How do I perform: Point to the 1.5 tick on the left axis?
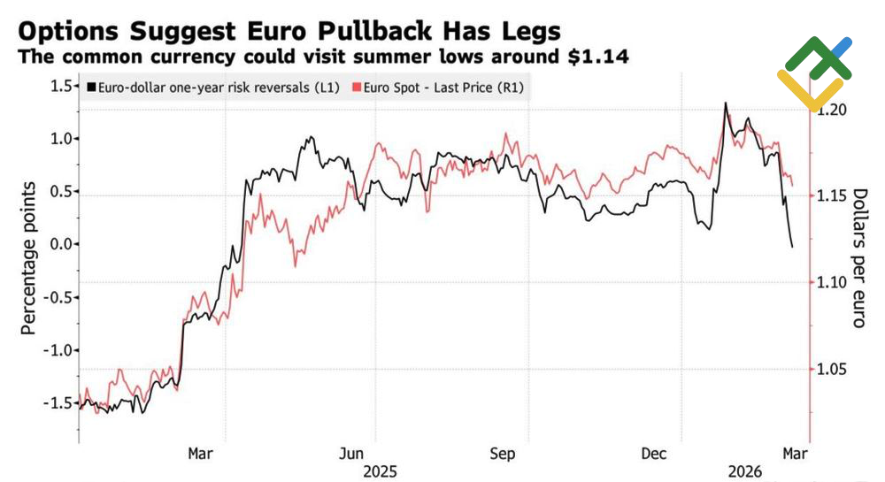(60, 86)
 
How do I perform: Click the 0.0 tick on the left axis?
(60, 244)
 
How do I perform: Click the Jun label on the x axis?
(353, 454)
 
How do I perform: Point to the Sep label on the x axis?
(503, 454)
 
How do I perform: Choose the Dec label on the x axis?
(654, 454)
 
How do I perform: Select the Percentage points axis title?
(28, 257)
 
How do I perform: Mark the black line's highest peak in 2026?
(726, 103)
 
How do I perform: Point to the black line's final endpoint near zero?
(792, 247)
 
